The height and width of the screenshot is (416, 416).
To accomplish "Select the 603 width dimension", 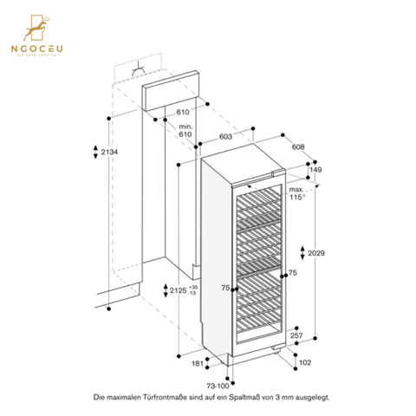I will pyautogui.click(x=224, y=137).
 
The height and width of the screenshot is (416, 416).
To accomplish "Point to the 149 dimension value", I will pyautogui.click(x=315, y=170).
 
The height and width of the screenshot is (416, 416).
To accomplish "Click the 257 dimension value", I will pyautogui.click(x=296, y=335).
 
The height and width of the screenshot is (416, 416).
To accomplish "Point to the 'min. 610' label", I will pyautogui.click(x=184, y=131).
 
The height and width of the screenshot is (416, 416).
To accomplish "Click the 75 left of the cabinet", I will pyautogui.click(x=225, y=288).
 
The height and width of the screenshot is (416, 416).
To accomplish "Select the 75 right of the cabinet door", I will pyautogui.click(x=292, y=273).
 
